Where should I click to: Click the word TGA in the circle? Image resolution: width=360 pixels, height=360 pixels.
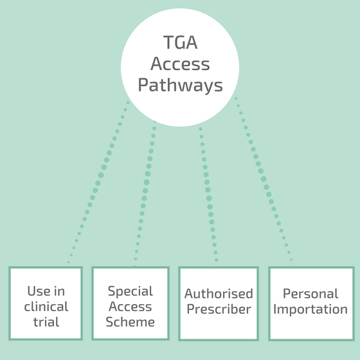pyautogui.click(x=180, y=42)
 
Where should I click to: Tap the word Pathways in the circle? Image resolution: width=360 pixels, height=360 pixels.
pyautogui.click(x=180, y=85)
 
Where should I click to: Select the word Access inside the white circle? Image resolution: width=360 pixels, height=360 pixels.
pyautogui.click(x=180, y=64)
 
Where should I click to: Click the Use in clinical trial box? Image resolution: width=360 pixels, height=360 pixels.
pyautogui.click(x=46, y=303)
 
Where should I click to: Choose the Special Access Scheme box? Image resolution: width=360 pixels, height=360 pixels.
pyautogui.click(x=130, y=303)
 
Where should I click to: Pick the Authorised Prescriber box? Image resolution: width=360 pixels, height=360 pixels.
pyautogui.click(x=219, y=303)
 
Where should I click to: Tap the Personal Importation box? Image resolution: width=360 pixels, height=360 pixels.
pyautogui.click(x=311, y=303)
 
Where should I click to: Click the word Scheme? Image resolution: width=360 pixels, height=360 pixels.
pyautogui.click(x=130, y=321)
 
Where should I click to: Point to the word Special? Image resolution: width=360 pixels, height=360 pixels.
pyautogui.click(x=130, y=292)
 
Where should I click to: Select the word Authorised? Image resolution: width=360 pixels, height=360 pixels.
pyautogui.click(x=219, y=293)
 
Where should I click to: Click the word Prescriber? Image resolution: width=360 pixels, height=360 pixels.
pyautogui.click(x=219, y=309)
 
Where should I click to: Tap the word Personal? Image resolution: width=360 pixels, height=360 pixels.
pyautogui.click(x=310, y=293)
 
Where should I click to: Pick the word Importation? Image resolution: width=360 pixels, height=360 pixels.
pyautogui.click(x=310, y=309)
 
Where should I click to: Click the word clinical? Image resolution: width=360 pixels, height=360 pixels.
pyautogui.click(x=46, y=306)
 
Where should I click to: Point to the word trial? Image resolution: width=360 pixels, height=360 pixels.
pyautogui.click(x=46, y=321)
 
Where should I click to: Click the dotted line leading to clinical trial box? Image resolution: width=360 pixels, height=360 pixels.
pyautogui.click(x=98, y=183)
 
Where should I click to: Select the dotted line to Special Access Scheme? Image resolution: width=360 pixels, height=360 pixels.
pyautogui.click(x=145, y=190)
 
